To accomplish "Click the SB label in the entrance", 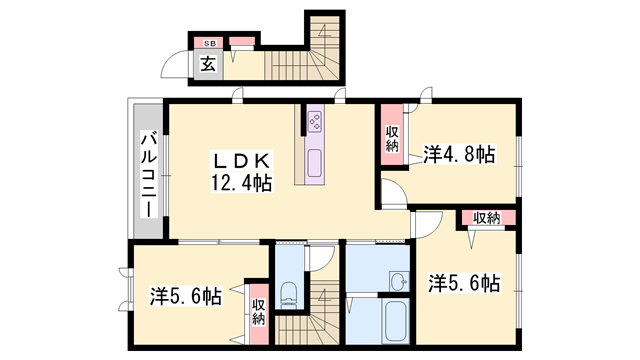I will [210, 43].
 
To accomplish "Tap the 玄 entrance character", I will [208, 65].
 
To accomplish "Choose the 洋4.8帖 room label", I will [458, 154].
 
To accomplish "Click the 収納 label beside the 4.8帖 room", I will [392, 138].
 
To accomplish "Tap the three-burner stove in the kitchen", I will [314, 123].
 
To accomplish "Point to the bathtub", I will [395, 321].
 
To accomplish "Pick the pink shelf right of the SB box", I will [242, 43].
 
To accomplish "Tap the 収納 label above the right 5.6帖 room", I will [487, 218].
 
